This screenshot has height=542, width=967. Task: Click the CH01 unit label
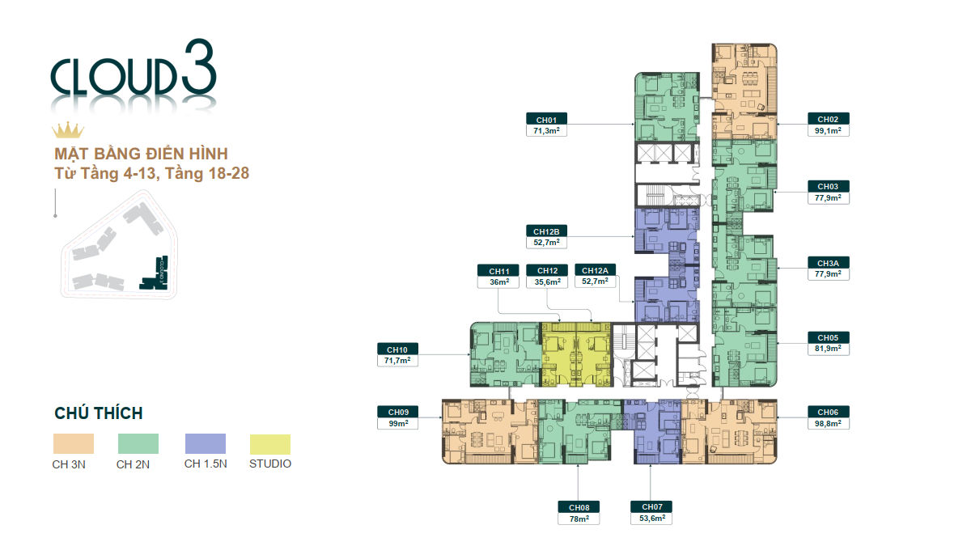(545, 119)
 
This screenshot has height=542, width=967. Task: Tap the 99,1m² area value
(828, 129)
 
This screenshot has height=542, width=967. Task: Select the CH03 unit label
(828, 186)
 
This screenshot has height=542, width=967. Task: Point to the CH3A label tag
(828, 263)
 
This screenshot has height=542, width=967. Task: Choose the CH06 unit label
(828, 412)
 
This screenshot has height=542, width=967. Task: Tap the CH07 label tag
(651, 507)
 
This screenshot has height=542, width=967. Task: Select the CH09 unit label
(397, 412)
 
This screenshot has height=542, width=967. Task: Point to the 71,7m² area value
(397, 360)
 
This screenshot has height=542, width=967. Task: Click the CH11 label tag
(498, 271)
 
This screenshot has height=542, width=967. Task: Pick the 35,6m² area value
(546, 282)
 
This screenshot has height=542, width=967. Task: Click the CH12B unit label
(545, 231)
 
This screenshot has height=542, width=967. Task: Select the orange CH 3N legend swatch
(74, 443)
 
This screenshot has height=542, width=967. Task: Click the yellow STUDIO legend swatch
(270, 443)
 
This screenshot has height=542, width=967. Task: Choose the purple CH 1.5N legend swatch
(205, 443)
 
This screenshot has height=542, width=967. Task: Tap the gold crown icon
(68, 131)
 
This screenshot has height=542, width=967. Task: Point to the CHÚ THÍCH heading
(99, 413)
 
